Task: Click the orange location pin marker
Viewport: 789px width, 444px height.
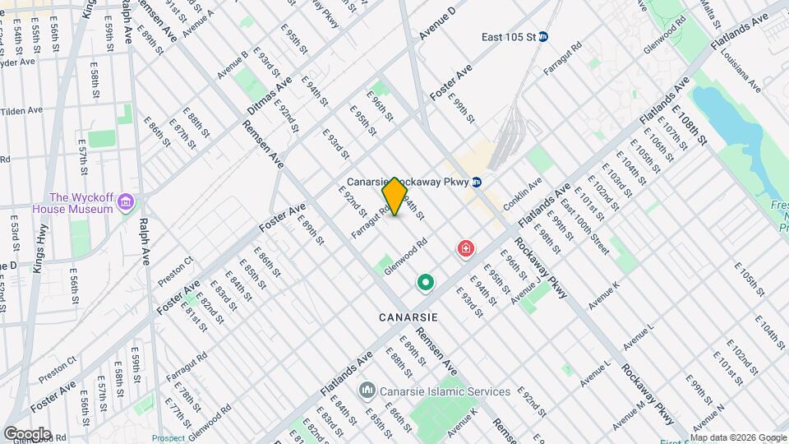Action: [395, 197]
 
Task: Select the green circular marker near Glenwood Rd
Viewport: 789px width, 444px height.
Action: [426, 284]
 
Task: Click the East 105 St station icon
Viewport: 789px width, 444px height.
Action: [555, 37]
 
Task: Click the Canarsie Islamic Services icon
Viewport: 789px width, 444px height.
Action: [367, 391]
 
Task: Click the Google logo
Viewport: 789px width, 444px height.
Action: [27, 433]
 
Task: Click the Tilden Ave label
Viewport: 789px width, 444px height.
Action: [23, 111]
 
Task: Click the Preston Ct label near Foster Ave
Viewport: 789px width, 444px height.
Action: [176, 271]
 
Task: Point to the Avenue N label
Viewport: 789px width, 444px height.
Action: [708, 419]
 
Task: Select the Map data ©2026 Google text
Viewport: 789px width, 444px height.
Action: [737, 437]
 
